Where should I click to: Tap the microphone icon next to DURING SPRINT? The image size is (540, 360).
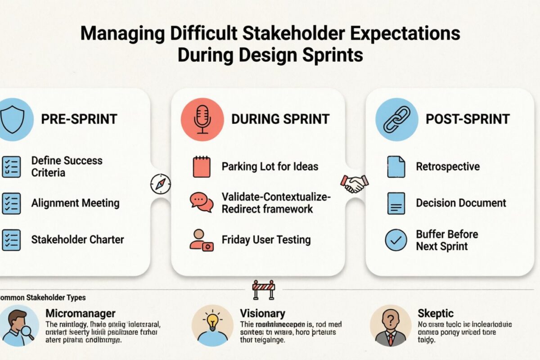click(202, 119)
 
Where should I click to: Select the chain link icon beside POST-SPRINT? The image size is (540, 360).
click(396, 119)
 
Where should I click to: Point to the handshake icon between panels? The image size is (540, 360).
click(355, 183)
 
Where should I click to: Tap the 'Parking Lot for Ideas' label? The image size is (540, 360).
click(270, 166)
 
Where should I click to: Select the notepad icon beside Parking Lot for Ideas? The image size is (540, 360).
click(202, 166)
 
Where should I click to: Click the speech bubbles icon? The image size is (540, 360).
click(202, 202)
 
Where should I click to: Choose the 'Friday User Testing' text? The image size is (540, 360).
click(266, 239)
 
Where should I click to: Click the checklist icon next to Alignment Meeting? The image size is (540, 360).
click(11, 203)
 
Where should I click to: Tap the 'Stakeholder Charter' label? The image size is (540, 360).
click(77, 239)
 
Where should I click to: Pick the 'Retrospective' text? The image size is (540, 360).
click(447, 166)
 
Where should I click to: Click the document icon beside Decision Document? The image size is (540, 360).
click(396, 203)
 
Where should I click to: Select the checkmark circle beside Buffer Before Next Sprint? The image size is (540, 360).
click(396, 240)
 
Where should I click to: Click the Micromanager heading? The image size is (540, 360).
click(81, 313)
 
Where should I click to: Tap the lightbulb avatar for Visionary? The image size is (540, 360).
click(212, 325)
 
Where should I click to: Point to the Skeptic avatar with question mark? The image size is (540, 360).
click(390, 325)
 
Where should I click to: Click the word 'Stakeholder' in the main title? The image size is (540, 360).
click(318, 35)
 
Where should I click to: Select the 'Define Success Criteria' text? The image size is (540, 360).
click(67, 166)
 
